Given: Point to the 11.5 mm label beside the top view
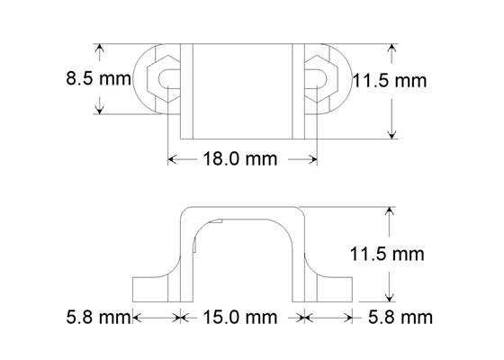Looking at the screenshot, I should (x=389, y=81).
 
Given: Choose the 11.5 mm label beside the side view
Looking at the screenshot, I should (x=385, y=254).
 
